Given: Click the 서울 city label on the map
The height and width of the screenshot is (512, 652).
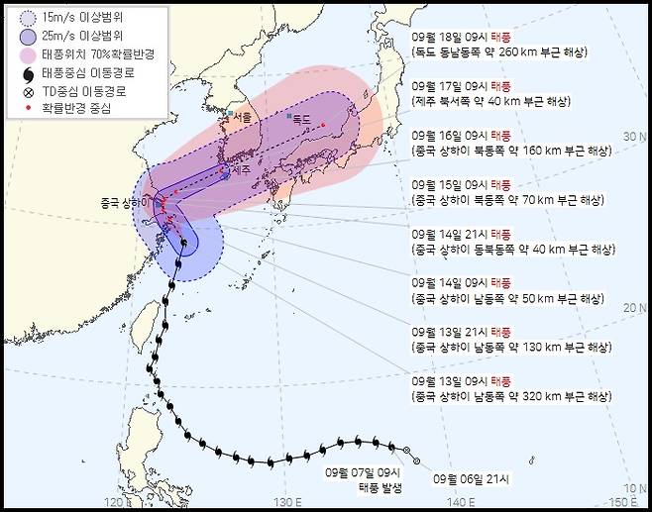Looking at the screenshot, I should click(243, 116).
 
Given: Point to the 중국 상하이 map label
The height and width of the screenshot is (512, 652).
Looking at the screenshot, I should click(122, 203).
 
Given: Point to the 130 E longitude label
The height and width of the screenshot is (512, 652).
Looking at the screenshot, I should click(288, 502).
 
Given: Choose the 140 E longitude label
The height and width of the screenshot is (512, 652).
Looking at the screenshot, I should click(456, 502).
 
